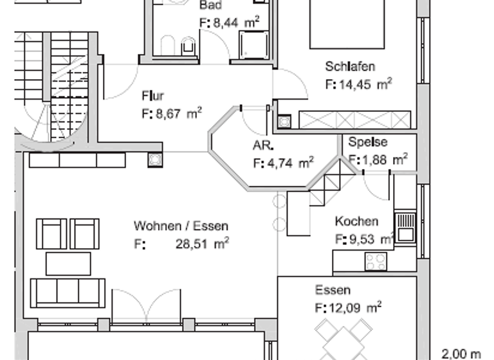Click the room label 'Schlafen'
pos(350,67)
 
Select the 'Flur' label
pos(152,96)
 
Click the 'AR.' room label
pos(263,146)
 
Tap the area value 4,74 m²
pos(283,163)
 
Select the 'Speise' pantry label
pos(368,142)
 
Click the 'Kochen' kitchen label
pos(356,222)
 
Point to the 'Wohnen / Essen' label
pos(181,226)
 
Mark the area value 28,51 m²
pos(202,244)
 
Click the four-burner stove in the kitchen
pos(376,262)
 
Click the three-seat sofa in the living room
pos(68,292)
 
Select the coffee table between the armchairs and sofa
pos(68,264)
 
